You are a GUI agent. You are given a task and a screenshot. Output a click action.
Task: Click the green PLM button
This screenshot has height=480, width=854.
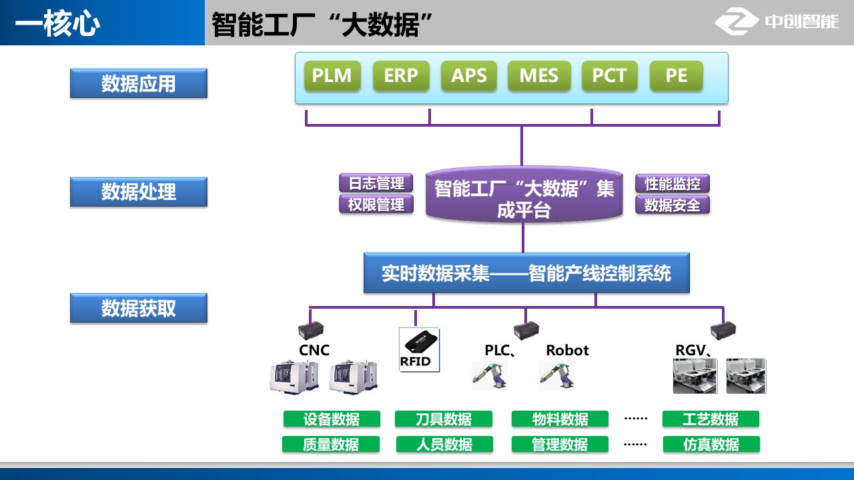332,76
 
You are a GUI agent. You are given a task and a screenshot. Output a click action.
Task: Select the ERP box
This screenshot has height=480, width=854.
400,76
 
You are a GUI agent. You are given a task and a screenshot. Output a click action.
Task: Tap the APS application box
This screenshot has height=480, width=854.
469,76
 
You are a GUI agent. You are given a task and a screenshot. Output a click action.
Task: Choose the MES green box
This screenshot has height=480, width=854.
538,76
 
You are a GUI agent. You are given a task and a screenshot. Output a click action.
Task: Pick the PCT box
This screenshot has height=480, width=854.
609,76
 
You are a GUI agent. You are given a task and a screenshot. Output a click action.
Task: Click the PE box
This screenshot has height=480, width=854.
676,76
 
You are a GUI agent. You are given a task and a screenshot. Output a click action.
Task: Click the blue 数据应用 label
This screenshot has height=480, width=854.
139,84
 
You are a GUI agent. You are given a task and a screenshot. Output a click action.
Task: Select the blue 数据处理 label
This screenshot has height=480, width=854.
139,192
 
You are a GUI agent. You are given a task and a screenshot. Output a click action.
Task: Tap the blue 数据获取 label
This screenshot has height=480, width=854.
139,309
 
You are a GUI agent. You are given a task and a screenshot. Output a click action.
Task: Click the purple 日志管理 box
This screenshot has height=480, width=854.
376,183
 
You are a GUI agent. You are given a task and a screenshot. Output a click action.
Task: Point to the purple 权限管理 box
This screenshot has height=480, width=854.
376,205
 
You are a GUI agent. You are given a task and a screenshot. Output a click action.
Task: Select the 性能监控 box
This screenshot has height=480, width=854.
672,183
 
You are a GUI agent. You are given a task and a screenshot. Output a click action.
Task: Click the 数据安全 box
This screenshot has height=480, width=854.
672,205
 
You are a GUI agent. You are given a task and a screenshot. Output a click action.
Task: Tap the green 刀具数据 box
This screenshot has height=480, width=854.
444,419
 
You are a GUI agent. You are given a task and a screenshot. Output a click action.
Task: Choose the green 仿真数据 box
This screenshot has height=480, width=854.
711,445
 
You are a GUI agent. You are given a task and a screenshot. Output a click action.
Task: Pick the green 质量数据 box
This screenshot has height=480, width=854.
331,445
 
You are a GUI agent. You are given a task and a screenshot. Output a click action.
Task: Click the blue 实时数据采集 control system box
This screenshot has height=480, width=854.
526,273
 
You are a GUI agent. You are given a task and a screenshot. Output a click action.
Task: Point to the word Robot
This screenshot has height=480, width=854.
567,350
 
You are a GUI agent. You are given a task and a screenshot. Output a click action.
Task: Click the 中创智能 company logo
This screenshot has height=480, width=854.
778,22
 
